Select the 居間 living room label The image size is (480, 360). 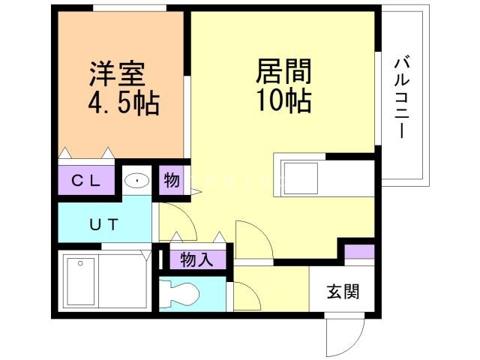[283, 73]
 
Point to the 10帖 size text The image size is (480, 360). [283, 100]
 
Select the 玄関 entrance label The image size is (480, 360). [342, 292]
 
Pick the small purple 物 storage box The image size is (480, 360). [171, 180]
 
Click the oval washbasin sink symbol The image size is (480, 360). [137, 181]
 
